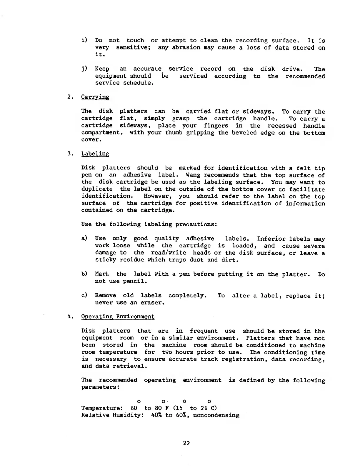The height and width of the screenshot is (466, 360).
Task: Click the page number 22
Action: coord(186,443)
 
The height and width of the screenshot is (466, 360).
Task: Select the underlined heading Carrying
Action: coord(95,97)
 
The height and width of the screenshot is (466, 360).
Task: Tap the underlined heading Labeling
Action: coord(95,154)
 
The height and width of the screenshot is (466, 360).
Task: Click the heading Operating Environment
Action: coord(118,317)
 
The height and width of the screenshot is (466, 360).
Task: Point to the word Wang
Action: coord(193,175)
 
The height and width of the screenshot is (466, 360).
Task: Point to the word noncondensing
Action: coord(216,415)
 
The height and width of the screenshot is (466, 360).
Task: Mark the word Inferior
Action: coord(271,239)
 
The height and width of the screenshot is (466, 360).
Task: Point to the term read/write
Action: coord(168,253)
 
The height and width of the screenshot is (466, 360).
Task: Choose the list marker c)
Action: coord(85,295)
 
